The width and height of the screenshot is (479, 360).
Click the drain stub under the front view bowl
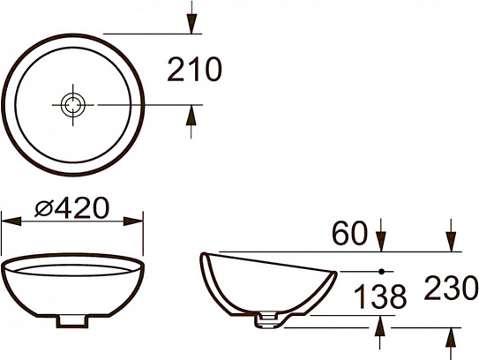point(72,322)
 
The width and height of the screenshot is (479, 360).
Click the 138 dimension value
point(380,295)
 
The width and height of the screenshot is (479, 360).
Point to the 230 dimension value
point(451,288)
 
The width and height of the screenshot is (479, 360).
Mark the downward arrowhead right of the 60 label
point(381,240)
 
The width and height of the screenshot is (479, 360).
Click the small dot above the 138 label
point(381,270)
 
